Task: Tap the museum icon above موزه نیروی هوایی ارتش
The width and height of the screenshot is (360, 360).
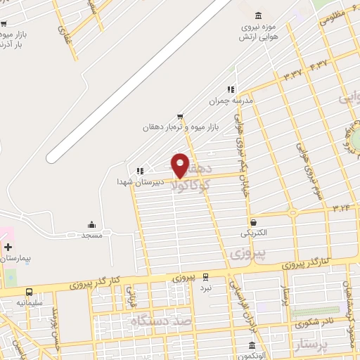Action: coord(259,15)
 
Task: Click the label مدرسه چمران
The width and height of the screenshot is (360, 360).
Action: coord(230,101)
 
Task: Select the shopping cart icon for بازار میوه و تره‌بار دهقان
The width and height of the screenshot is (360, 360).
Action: coord(181,116)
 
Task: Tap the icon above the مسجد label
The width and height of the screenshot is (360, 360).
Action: coord(92,224)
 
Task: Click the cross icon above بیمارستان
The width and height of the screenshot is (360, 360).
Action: coord(8,247)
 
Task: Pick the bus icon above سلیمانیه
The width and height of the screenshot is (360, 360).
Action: coord(29,292)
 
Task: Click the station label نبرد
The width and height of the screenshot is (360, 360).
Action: coord(205,288)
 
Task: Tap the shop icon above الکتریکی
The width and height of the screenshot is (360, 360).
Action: coord(253,222)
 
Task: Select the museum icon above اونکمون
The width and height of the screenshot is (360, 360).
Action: coord(252,345)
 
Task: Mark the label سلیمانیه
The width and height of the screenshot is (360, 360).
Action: coord(30,303)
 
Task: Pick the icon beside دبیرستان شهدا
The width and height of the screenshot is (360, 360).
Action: coord(141,170)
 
